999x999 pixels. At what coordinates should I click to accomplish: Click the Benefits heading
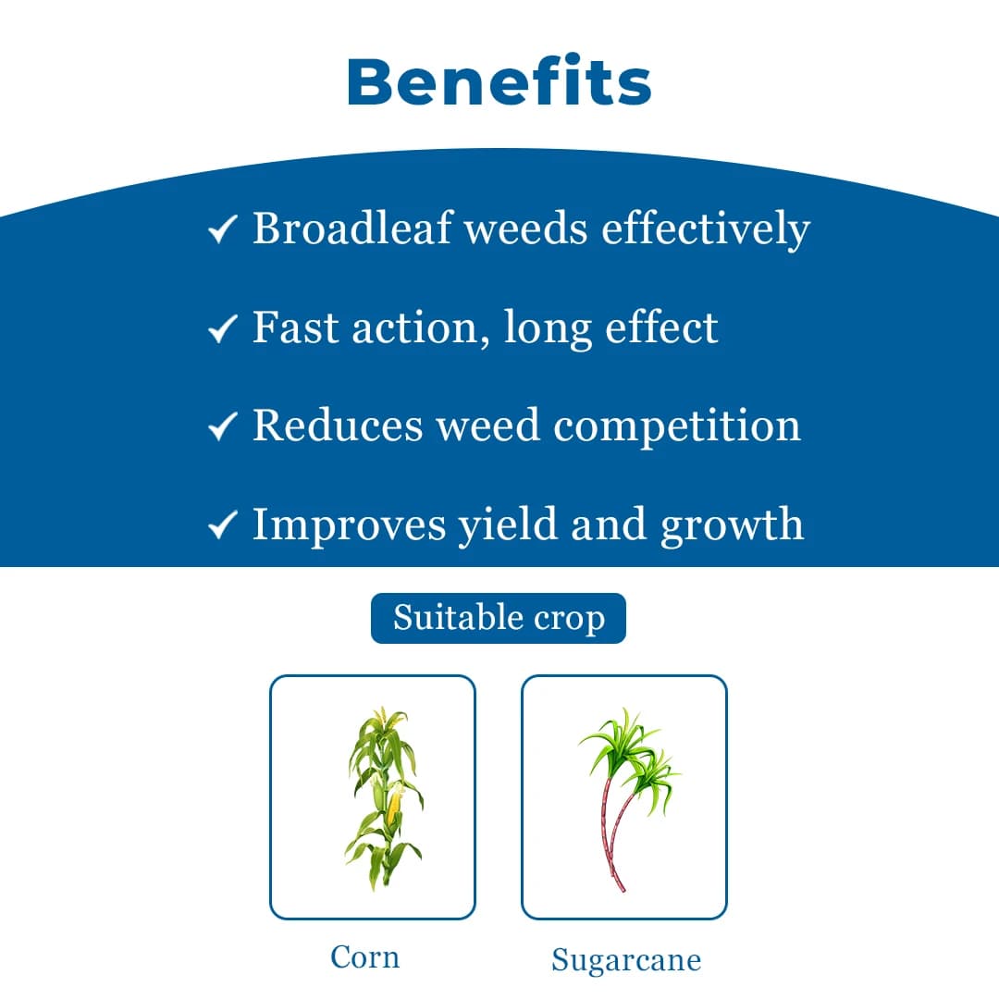pos(499,81)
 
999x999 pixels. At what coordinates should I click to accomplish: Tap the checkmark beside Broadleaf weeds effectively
pos(223,230)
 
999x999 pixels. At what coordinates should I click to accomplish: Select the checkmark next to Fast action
pos(223,328)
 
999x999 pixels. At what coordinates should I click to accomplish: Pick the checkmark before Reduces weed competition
pos(223,426)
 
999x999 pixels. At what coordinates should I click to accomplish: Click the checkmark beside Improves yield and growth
pos(223,525)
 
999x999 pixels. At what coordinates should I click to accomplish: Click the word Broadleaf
pos(351,228)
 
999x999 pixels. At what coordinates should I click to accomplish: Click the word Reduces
pos(338,425)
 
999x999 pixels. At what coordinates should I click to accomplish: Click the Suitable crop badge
pos(499,618)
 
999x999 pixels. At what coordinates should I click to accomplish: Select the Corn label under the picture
pos(365,956)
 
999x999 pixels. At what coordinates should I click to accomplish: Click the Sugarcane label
pos(626,960)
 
